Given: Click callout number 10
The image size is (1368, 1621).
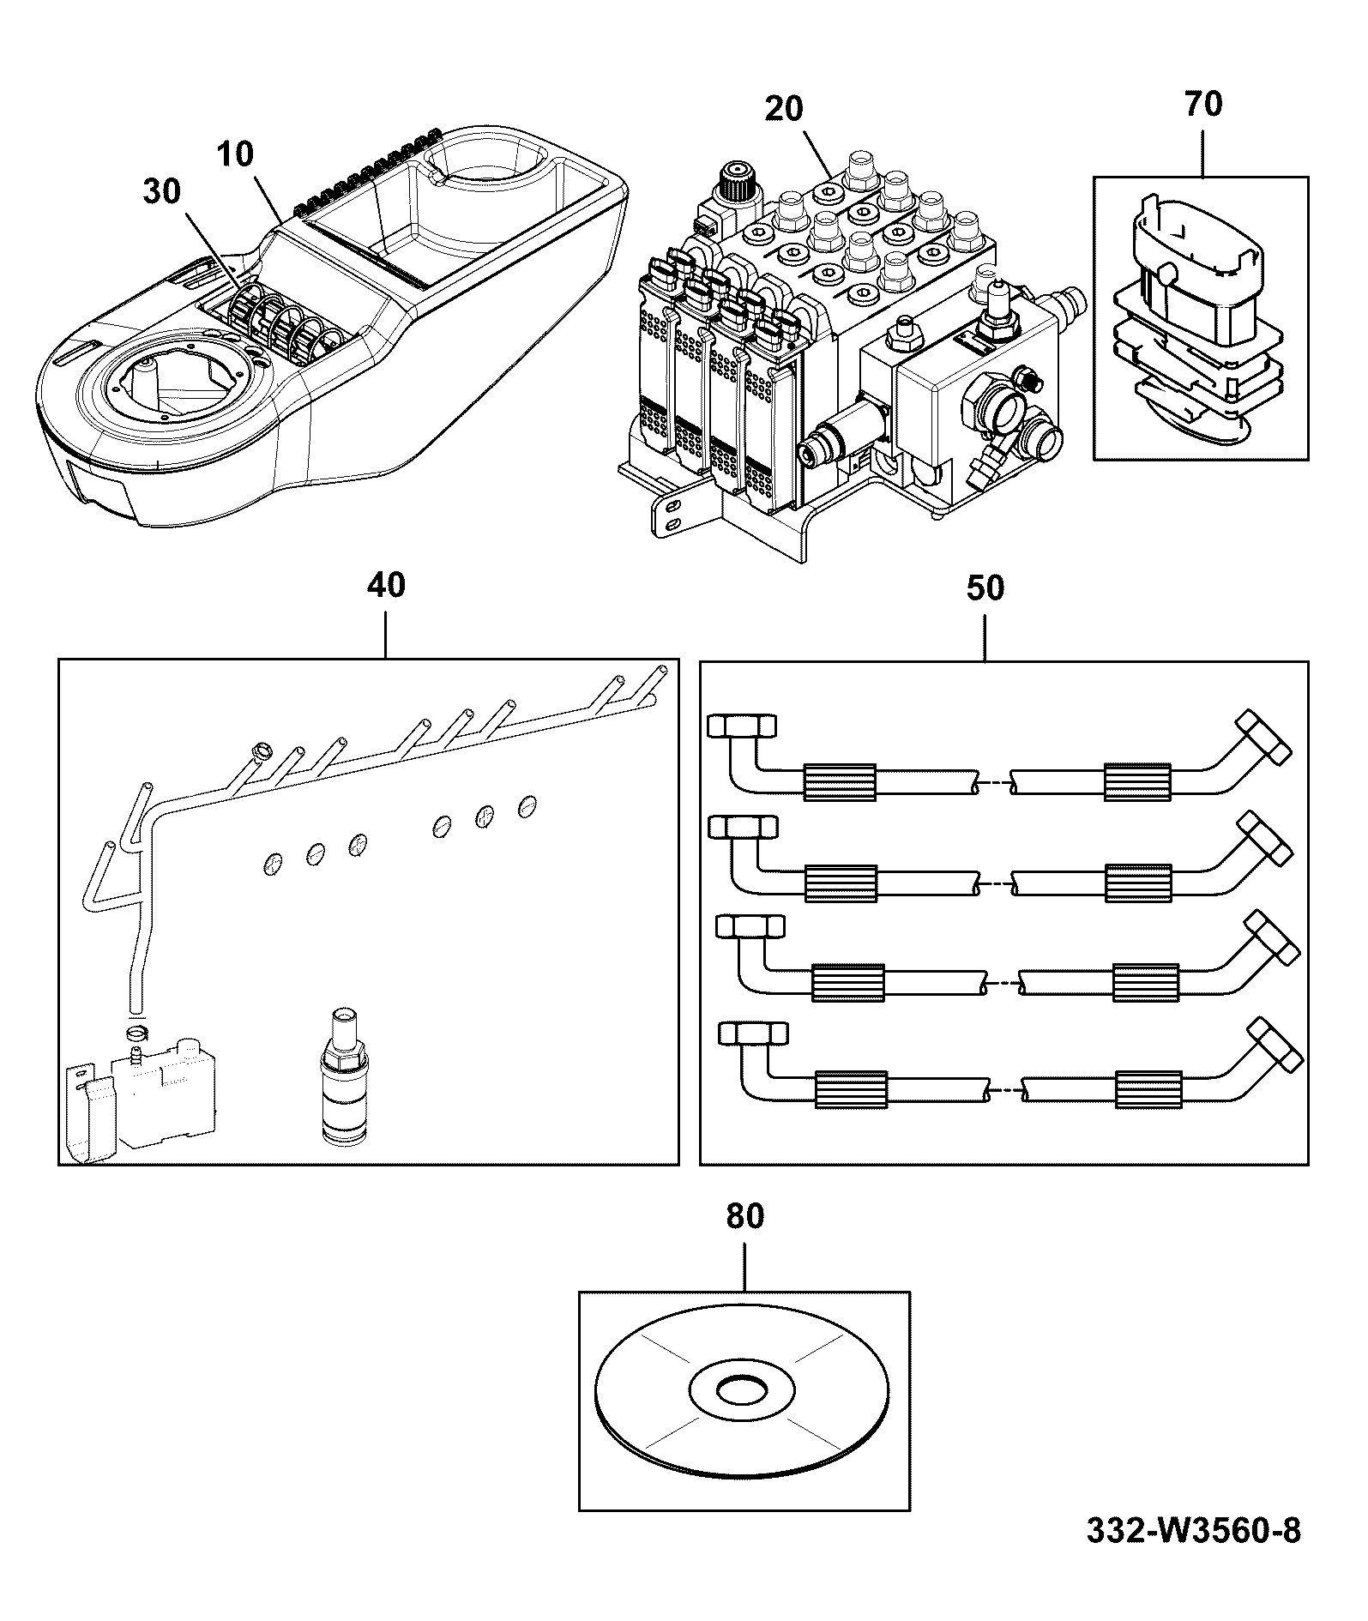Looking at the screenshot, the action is (x=235, y=155).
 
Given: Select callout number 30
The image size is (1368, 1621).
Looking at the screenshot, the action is (x=162, y=192).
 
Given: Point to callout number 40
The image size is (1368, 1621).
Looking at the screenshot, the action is (x=385, y=586).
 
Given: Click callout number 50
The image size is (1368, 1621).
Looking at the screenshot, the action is (x=985, y=588).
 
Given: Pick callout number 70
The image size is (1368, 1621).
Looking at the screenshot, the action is (x=1202, y=104).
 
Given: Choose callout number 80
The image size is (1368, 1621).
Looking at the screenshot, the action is (x=744, y=1217).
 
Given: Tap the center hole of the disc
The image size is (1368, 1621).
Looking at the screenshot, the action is (x=743, y=1390).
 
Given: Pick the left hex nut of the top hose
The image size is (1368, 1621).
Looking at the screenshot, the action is (x=742, y=726).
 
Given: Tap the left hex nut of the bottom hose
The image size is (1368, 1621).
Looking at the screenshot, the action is (x=752, y=1033).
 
